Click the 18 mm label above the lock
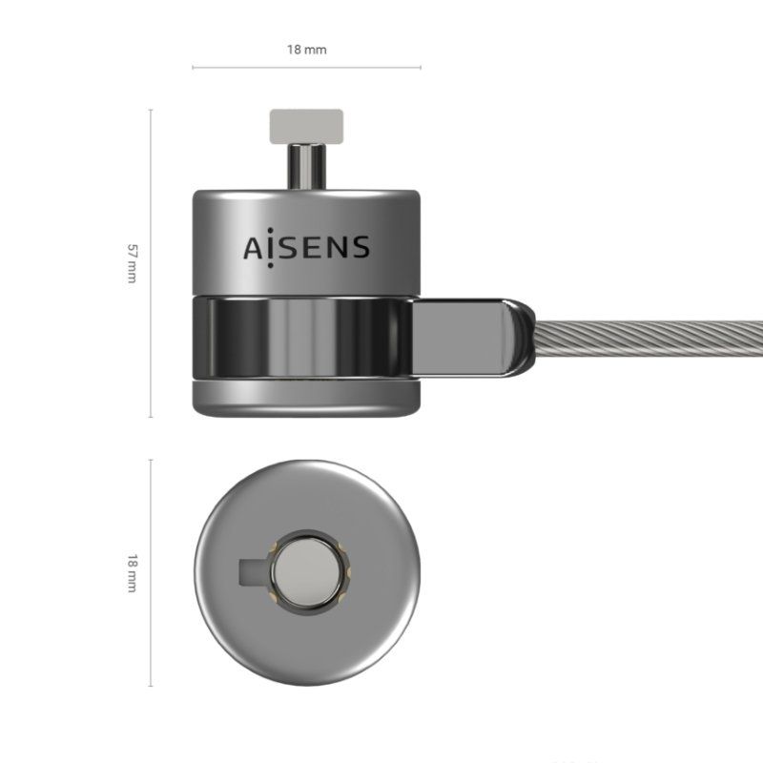tap(306, 49)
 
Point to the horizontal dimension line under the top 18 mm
tap(306, 68)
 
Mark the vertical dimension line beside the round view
tap(151, 572)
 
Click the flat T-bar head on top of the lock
tap(306, 123)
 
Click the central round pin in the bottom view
tap(306, 572)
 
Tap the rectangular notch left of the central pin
tap(251, 572)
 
